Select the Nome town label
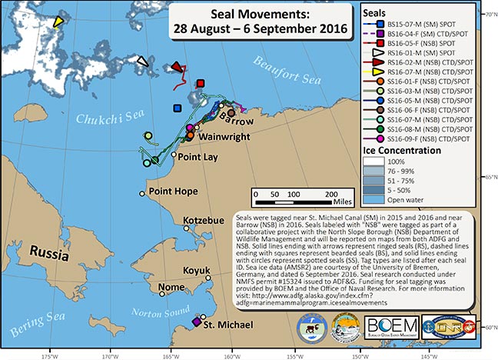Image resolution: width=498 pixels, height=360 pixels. (171, 288)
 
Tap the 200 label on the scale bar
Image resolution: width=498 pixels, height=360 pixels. (330, 192)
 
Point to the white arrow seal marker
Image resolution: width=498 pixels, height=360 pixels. (141, 61)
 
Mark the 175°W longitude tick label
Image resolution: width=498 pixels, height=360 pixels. (51, 355)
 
